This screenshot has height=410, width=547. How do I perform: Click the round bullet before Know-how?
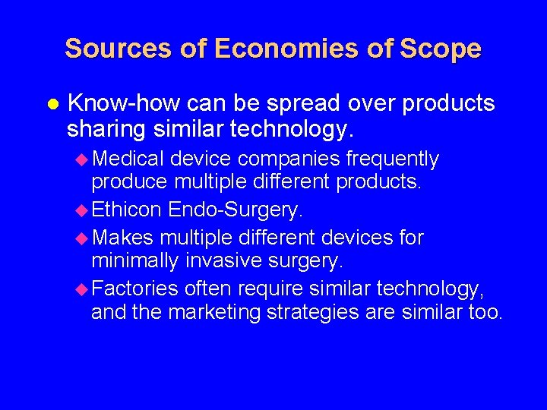(52, 103)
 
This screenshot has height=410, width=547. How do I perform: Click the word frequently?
(393, 159)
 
